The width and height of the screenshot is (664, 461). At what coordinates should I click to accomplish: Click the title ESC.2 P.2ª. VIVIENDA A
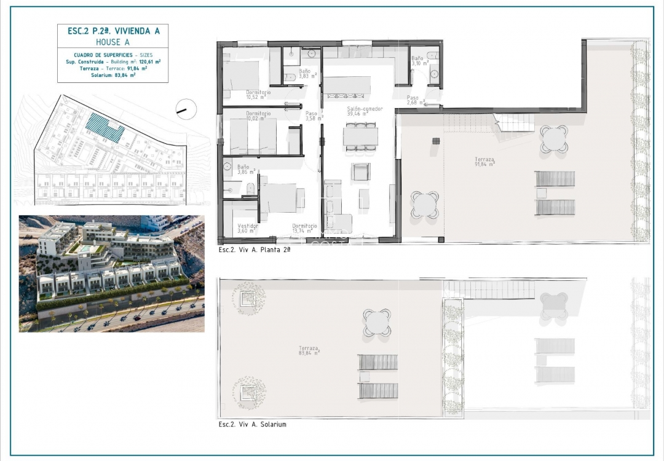click(113, 31)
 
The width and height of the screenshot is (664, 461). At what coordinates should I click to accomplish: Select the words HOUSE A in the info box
click(113, 42)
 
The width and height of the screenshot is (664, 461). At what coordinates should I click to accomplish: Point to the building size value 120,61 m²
click(149, 62)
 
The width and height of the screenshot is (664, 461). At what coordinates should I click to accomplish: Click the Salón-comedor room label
click(365, 110)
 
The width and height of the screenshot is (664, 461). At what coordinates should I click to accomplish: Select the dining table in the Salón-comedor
click(361, 136)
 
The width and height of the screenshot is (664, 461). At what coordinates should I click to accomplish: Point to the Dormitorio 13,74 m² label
click(304, 228)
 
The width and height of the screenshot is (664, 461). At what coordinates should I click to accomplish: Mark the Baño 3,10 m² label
click(419, 60)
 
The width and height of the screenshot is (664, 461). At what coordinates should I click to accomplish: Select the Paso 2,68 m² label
click(414, 100)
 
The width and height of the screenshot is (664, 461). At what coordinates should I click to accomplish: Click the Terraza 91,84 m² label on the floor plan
click(484, 162)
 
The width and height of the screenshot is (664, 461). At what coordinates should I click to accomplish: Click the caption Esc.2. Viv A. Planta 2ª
click(254, 250)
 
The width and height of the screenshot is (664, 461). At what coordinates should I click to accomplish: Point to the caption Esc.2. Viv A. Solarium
click(252, 424)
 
